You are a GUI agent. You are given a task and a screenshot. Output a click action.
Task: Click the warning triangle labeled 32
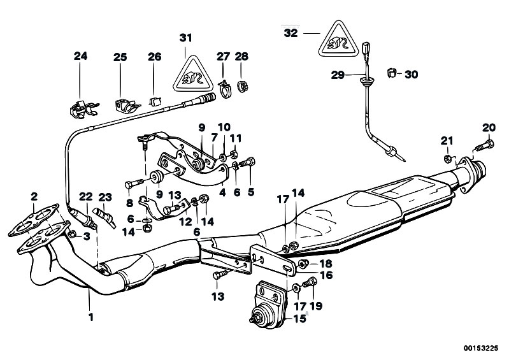[x=338, y=41]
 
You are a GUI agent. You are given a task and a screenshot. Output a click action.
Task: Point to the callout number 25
[x=120, y=57]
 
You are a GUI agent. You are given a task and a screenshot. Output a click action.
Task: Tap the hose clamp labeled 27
[x=223, y=86]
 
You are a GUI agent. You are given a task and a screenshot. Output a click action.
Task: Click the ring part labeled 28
[x=242, y=85]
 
